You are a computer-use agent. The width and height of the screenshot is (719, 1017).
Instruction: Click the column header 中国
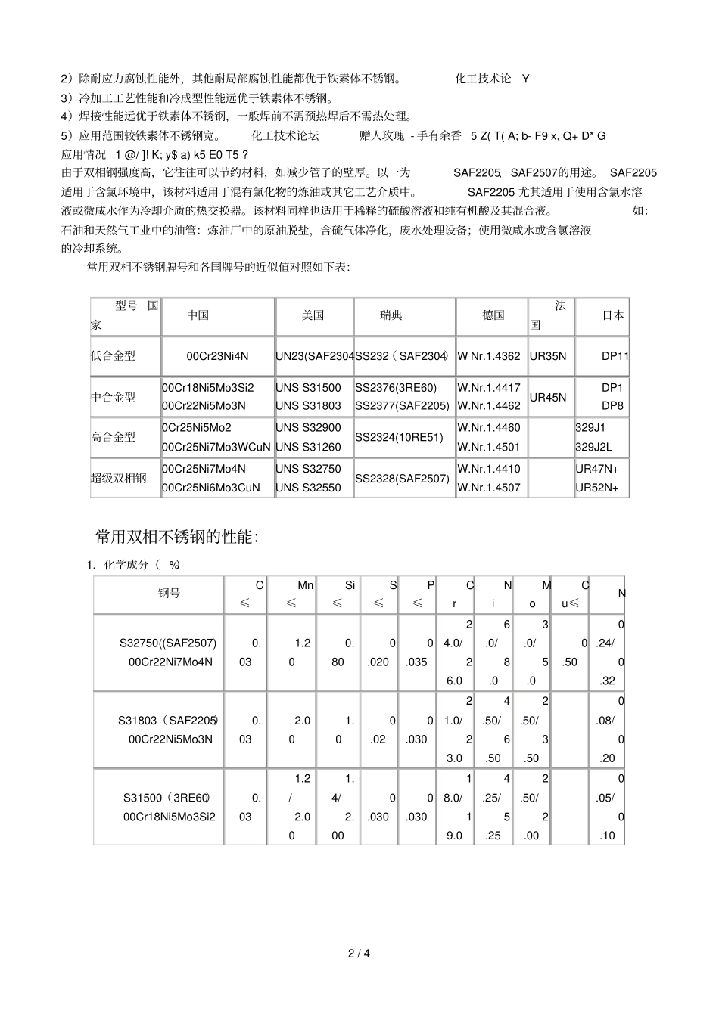click(x=198, y=315)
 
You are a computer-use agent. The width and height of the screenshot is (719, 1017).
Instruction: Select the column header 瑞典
click(x=391, y=315)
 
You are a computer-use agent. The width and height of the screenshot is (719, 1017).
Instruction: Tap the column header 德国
click(x=493, y=315)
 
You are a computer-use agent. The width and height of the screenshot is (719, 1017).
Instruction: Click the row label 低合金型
click(x=114, y=355)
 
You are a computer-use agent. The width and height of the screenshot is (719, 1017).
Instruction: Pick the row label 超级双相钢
click(x=119, y=478)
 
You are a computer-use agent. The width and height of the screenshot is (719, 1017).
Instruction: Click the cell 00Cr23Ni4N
click(x=217, y=355)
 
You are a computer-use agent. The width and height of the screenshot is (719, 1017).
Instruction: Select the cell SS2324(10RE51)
click(x=399, y=437)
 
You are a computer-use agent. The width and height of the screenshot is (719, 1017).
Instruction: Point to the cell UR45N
click(x=548, y=396)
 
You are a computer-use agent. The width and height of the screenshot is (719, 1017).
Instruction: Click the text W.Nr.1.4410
click(x=489, y=469)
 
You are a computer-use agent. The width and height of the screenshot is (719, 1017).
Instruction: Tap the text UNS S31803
click(x=308, y=405)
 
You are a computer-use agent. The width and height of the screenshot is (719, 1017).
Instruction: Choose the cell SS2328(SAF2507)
click(x=402, y=478)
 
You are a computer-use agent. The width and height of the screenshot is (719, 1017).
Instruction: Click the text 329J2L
click(x=593, y=447)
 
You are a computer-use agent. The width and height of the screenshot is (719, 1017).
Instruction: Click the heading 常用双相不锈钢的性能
click(x=177, y=537)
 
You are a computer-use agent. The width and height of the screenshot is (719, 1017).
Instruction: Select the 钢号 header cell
click(x=169, y=594)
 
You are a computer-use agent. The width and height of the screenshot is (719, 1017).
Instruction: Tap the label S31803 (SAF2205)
click(x=168, y=720)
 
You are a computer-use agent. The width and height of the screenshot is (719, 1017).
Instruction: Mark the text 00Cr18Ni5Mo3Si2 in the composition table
click(x=169, y=817)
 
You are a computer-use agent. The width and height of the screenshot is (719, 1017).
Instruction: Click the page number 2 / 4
click(x=359, y=953)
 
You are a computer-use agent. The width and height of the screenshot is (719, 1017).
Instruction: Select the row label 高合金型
click(x=114, y=437)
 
